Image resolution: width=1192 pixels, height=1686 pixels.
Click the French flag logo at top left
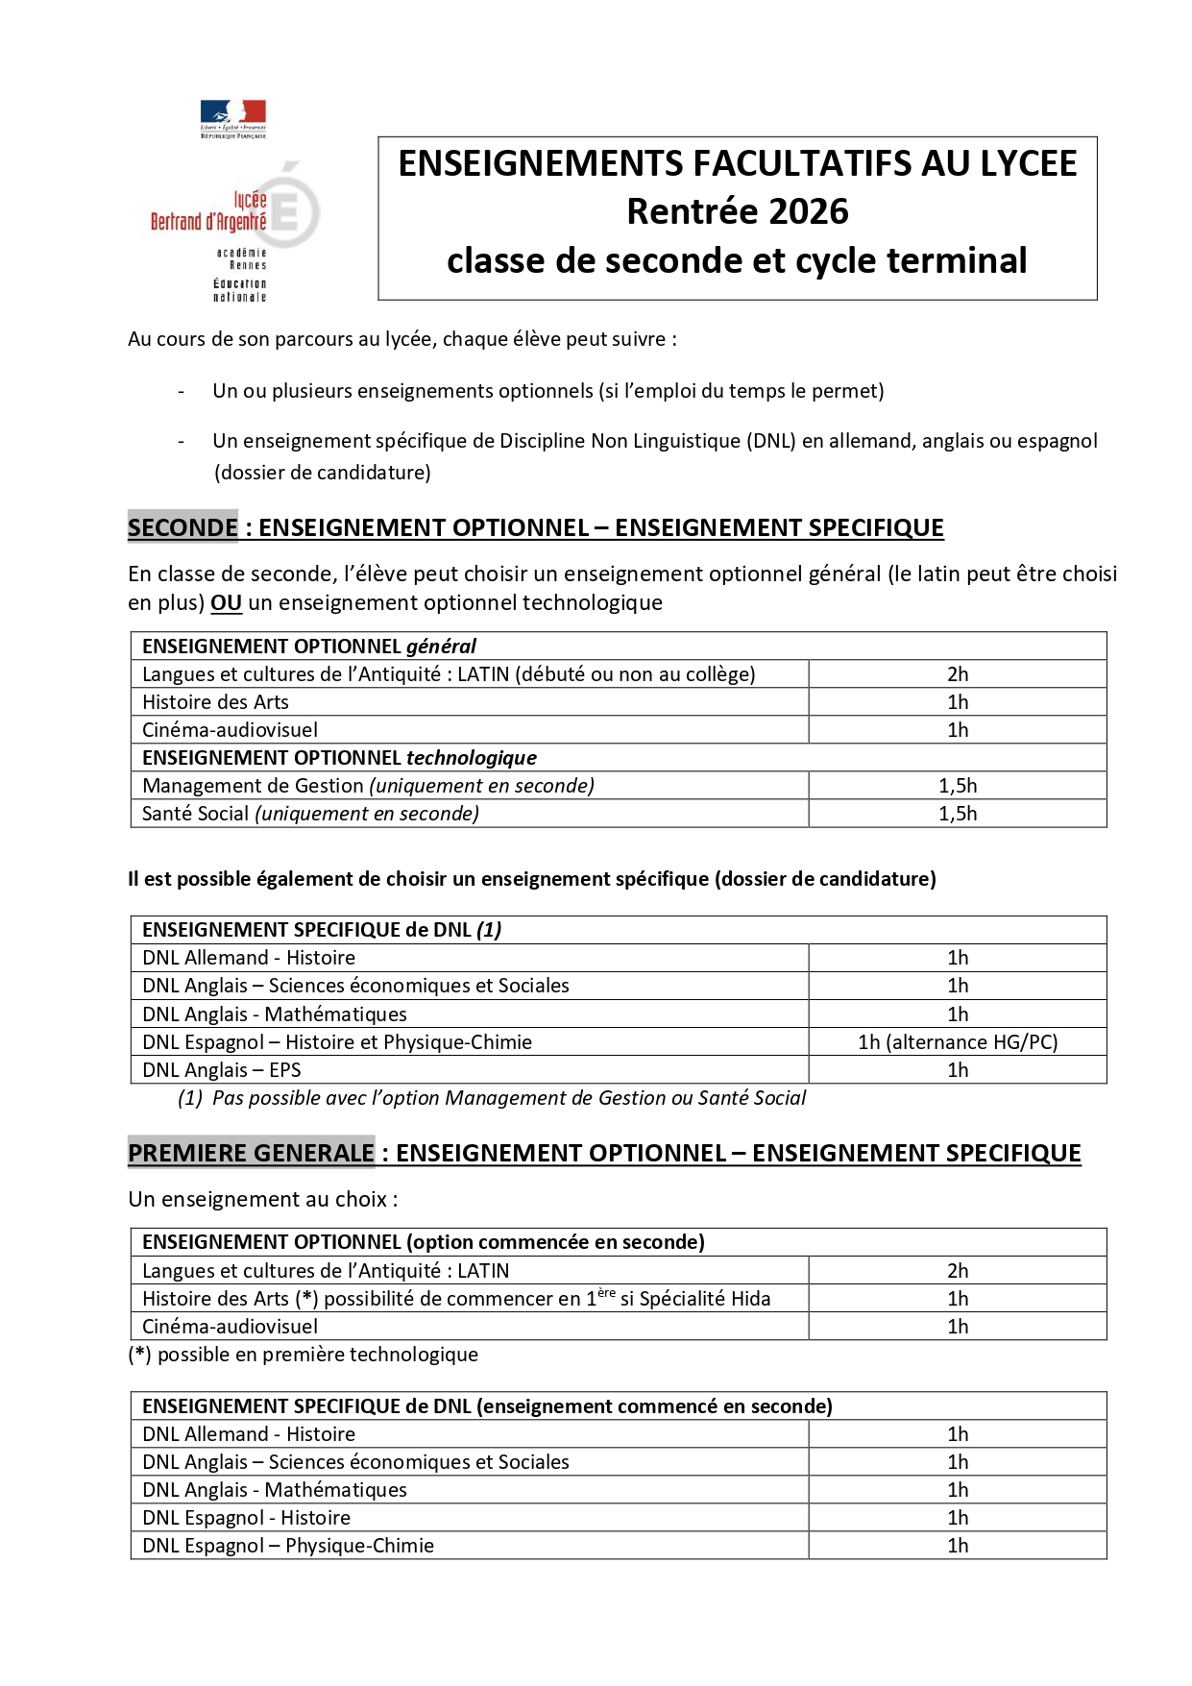pos(233,114)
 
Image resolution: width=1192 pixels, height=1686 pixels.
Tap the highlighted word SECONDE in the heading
pos(182,527)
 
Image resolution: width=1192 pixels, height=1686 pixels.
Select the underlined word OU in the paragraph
pos(226,603)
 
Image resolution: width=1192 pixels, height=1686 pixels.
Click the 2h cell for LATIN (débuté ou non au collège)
pos(957,674)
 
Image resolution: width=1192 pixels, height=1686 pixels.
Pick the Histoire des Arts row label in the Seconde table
pos(215,702)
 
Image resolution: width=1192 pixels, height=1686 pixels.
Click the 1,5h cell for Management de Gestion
pos(957,786)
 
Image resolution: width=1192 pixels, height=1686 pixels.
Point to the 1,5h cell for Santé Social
pos(957,814)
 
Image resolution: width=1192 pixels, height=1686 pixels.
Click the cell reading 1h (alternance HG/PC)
pos(957,1042)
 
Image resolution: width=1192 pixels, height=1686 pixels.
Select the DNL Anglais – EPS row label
pos(222,1070)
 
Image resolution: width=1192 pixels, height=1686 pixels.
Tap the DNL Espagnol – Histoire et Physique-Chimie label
pos(337,1042)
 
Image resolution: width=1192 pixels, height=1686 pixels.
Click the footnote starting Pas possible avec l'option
pos(508,1098)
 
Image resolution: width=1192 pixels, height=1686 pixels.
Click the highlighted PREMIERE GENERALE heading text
pos(251,1153)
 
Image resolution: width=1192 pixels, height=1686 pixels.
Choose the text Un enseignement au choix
pos(262,1200)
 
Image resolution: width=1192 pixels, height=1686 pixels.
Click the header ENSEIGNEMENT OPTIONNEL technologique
pos(339,758)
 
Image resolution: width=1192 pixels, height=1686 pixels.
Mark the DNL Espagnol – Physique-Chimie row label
pos(288,1546)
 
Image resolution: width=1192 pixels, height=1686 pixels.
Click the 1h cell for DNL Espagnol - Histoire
pos(957,1518)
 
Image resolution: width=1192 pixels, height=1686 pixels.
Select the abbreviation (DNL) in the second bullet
pos(761,441)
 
